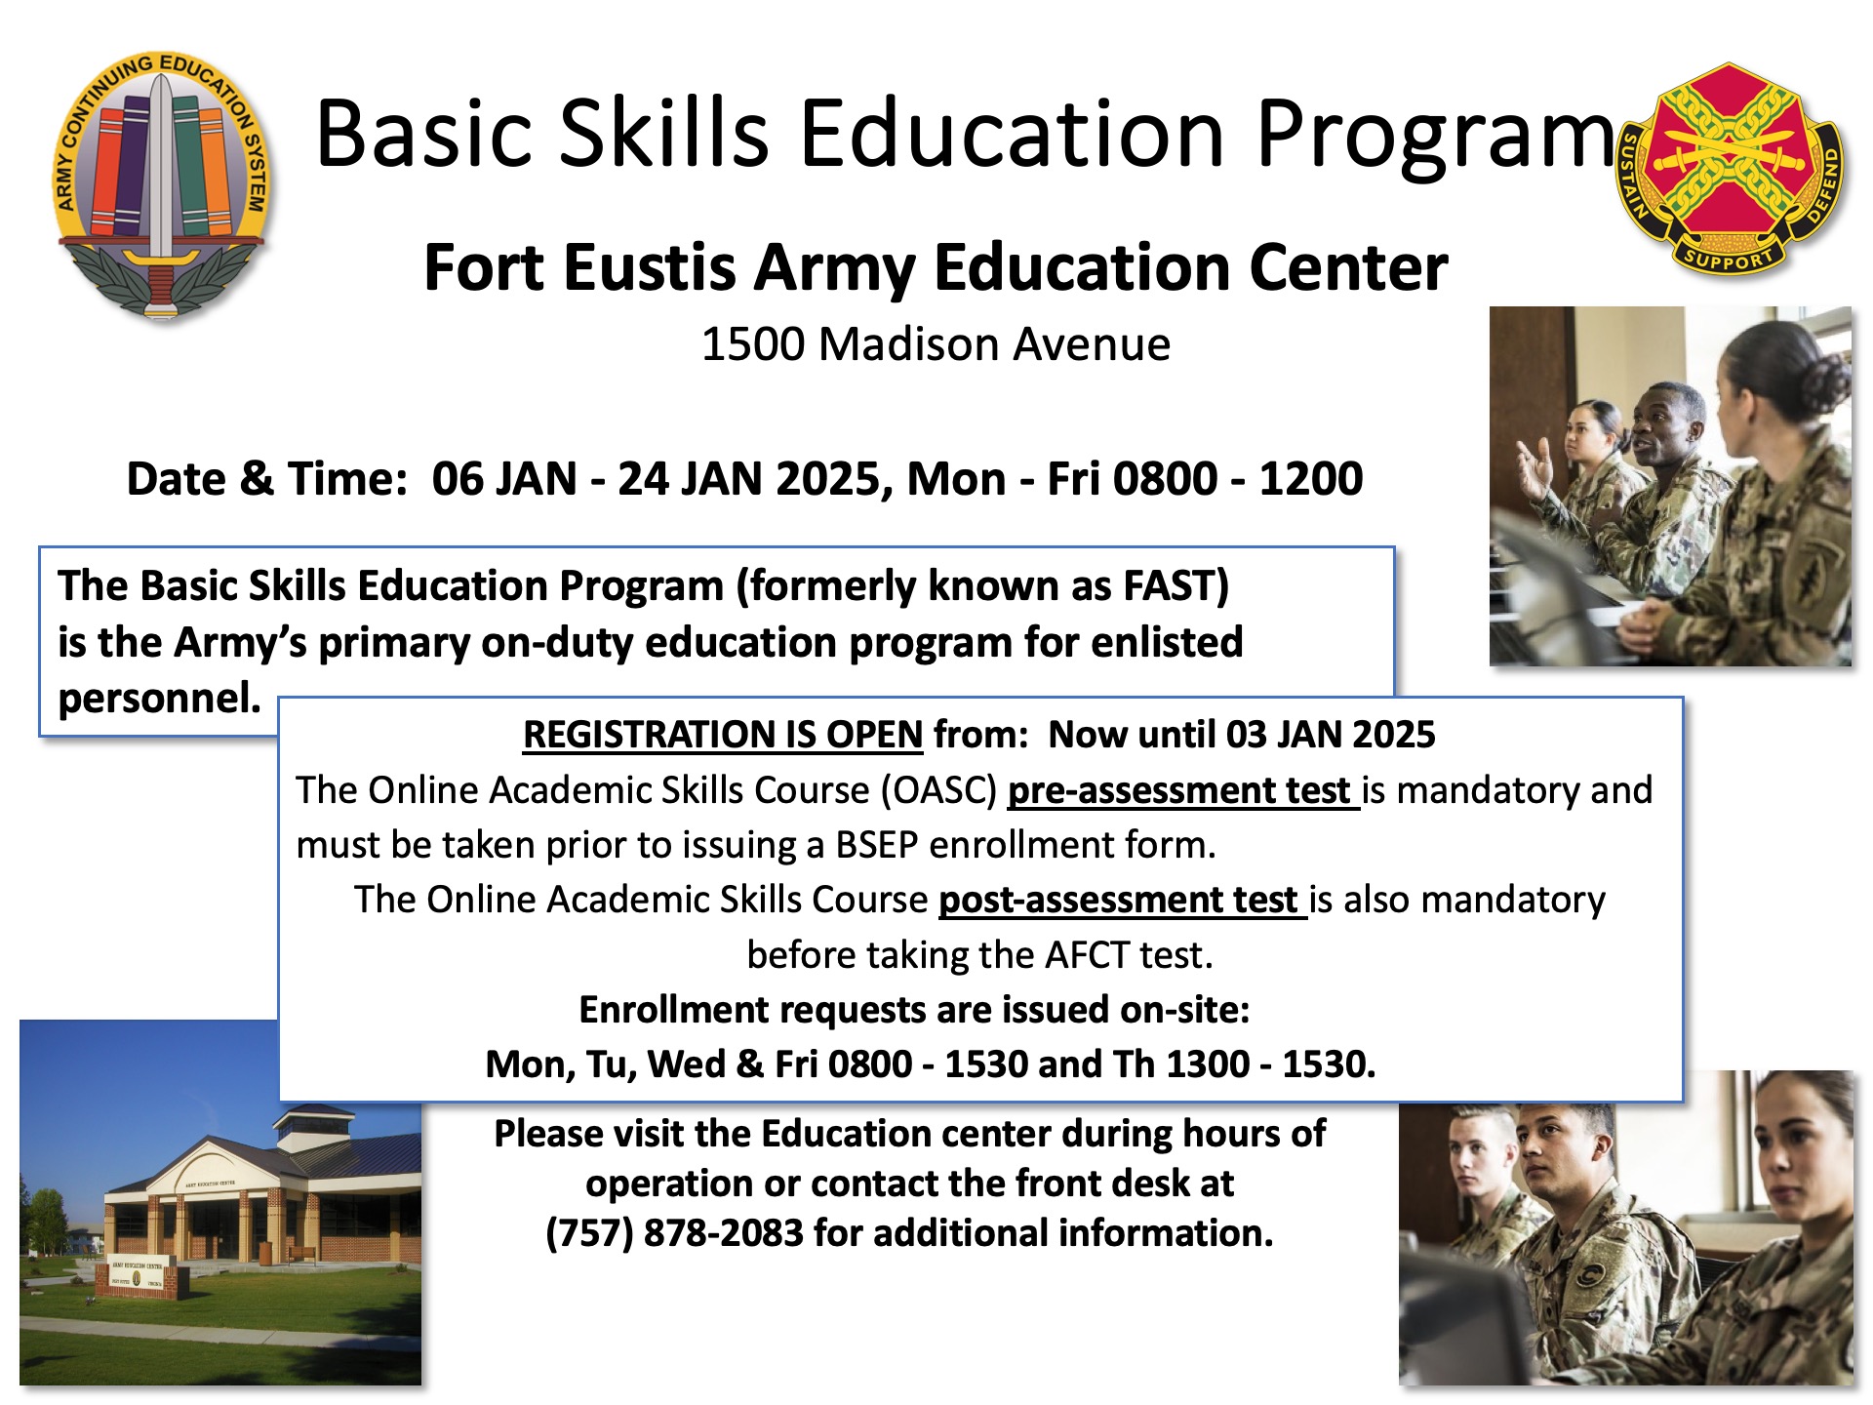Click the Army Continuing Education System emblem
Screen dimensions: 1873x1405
coord(162,185)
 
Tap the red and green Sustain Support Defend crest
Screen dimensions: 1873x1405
coord(1729,169)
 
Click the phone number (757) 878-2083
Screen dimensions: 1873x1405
coord(674,1233)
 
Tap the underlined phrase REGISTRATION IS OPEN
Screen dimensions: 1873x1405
coord(723,735)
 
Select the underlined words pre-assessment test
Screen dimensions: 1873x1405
coord(1183,790)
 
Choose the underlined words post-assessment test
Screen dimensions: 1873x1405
coord(1123,900)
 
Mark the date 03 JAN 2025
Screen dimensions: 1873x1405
coord(1331,735)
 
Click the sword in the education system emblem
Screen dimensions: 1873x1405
coord(162,195)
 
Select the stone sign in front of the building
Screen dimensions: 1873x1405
coord(138,1275)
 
